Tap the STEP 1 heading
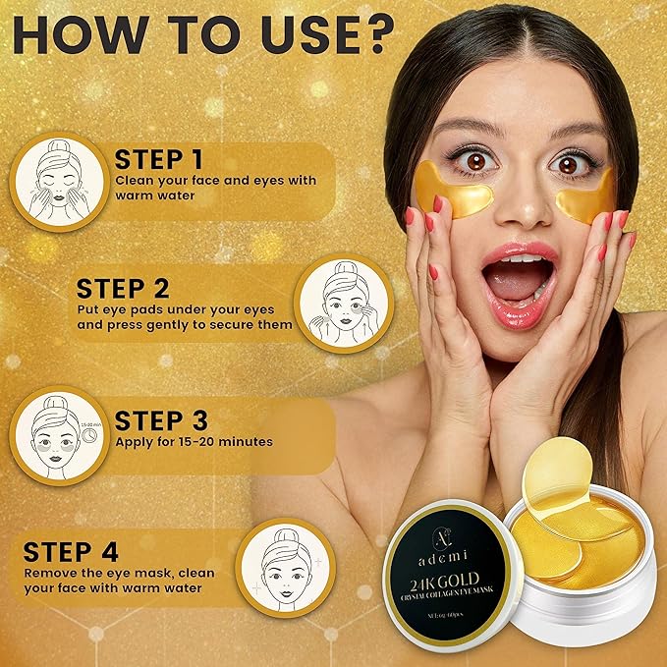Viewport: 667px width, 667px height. [x=161, y=160]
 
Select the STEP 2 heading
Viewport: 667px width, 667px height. [x=123, y=289]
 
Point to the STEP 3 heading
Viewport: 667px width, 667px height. [x=161, y=421]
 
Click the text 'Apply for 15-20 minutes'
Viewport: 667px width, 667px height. [x=194, y=442]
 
